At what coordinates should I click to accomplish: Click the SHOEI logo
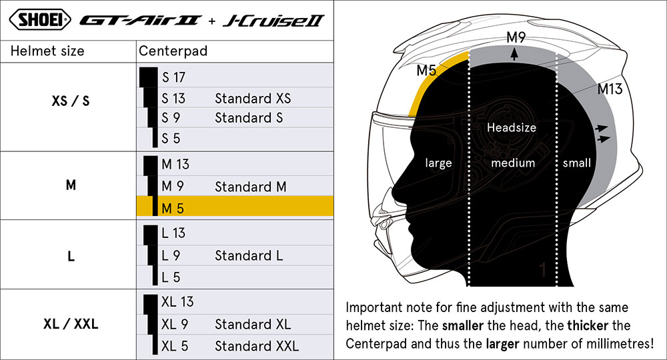[x=40, y=19]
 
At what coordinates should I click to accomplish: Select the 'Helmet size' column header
[x=47, y=51]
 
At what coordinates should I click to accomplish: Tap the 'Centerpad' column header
[x=173, y=51]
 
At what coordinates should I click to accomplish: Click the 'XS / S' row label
[x=71, y=101]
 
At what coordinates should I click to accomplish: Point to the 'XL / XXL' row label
[x=71, y=324]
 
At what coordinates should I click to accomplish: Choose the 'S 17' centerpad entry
[x=173, y=77]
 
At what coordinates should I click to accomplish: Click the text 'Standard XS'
[x=253, y=99]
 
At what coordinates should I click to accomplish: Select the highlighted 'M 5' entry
[x=173, y=208]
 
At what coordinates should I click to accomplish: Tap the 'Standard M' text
[x=251, y=187]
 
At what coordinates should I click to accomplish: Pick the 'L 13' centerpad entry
[x=173, y=233]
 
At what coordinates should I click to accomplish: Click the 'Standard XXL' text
[x=257, y=346]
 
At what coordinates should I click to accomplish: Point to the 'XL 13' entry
[x=177, y=302]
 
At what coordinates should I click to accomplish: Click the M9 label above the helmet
[x=516, y=37]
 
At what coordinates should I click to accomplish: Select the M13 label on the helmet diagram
[x=610, y=89]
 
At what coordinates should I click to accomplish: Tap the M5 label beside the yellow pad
[x=426, y=70]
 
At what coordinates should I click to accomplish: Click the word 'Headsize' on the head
[x=512, y=127]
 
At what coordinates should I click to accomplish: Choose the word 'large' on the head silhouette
[x=439, y=163]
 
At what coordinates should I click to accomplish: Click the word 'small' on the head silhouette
[x=577, y=163]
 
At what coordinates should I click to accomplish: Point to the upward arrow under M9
[x=515, y=54]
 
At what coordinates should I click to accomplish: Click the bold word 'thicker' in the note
[x=588, y=325]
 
